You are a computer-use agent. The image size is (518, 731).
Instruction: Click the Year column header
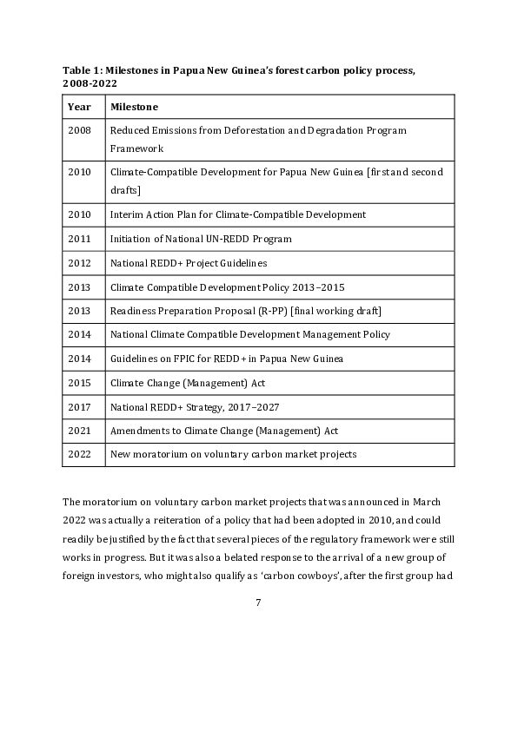point(79,107)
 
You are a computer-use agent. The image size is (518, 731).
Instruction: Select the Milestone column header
point(134,107)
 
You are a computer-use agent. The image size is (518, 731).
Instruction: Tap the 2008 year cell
point(79,130)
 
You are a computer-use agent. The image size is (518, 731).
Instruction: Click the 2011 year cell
point(79,239)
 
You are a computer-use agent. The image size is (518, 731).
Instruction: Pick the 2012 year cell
point(79,263)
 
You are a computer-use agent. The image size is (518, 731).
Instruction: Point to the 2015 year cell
point(79,383)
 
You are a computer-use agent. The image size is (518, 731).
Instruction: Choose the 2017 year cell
point(79,406)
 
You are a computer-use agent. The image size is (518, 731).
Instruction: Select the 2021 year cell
point(79,431)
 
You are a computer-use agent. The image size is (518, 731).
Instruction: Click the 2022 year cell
point(79,454)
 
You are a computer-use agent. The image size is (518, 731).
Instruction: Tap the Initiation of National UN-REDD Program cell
point(201,239)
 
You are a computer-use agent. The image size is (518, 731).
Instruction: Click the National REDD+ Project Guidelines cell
point(189,263)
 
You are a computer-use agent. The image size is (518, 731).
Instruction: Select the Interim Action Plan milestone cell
point(237,214)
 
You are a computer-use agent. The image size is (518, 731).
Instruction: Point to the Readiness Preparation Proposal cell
point(245,311)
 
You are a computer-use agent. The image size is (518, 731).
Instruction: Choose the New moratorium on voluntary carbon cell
point(233,454)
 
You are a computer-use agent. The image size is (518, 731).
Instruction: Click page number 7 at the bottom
point(258,603)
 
